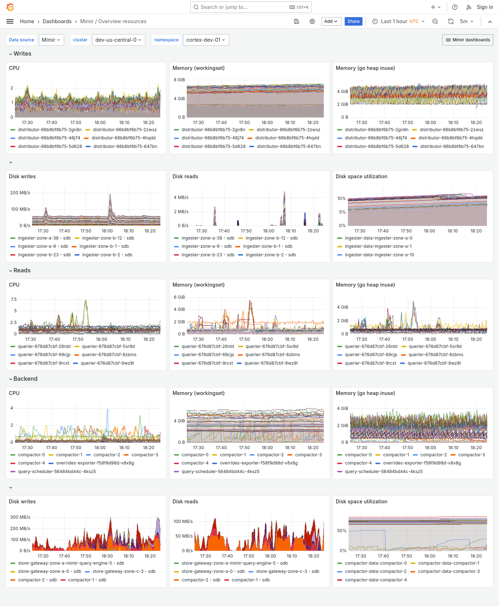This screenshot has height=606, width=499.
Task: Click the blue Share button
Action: pos(353,21)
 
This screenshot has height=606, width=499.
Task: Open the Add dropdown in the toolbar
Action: pos(331,21)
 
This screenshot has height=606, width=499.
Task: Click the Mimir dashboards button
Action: pos(468,40)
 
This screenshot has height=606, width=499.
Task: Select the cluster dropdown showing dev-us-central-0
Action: pos(118,40)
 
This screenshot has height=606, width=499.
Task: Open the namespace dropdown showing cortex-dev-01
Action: pos(206,40)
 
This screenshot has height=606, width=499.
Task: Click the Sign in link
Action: pos(485,7)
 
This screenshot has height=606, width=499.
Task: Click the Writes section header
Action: pos(22,54)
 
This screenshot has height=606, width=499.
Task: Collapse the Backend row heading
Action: pos(25,379)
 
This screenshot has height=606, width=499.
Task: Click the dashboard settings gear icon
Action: pos(312,21)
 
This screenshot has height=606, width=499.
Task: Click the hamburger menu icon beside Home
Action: pos(10,21)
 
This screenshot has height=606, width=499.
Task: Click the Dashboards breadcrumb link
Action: pos(57,21)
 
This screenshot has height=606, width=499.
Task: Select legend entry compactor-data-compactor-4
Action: pos(376,580)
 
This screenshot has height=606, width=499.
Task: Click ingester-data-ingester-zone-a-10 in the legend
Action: pos(379,255)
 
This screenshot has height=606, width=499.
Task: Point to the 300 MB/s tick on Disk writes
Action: pos(20,517)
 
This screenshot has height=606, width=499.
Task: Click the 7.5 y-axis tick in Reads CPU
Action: pos(14,299)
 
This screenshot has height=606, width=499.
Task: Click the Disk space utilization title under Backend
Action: pos(361,502)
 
